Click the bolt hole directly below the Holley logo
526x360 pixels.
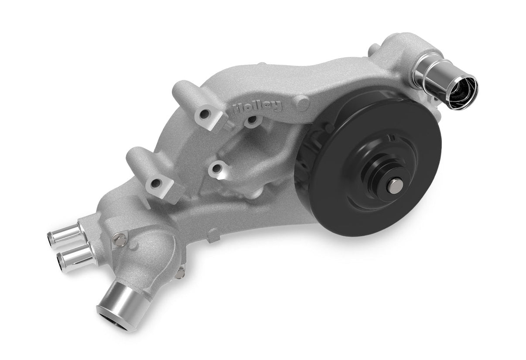click(252, 120)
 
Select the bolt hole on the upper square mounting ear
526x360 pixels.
click(204, 114)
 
